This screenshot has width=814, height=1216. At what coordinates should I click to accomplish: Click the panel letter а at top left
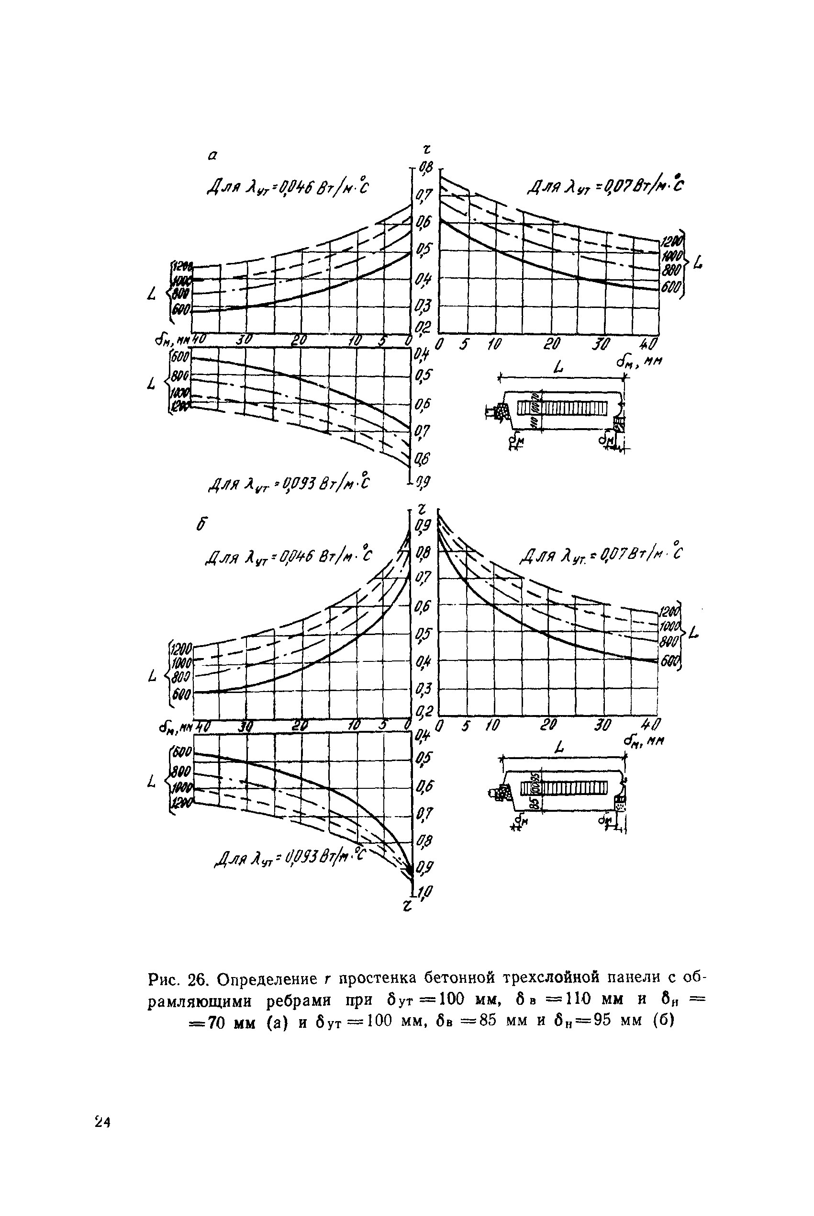click(212, 155)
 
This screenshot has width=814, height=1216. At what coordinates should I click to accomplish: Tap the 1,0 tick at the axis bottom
click(424, 892)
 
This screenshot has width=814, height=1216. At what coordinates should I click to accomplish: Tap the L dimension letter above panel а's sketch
click(558, 367)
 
